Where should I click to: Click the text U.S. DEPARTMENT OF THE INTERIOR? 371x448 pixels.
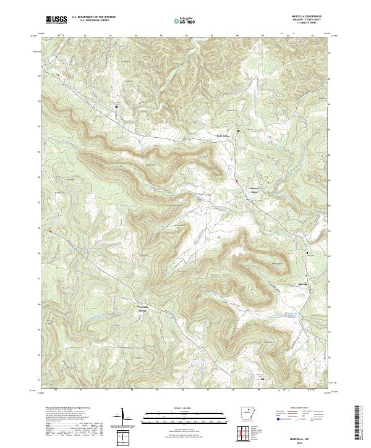coord(93,17)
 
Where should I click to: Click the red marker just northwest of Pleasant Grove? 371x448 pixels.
coord(236,180)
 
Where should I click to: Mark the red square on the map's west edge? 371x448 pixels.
coord(51,232)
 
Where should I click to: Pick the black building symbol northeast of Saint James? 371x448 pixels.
coord(240,130)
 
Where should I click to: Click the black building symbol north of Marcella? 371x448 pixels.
coord(307,253)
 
